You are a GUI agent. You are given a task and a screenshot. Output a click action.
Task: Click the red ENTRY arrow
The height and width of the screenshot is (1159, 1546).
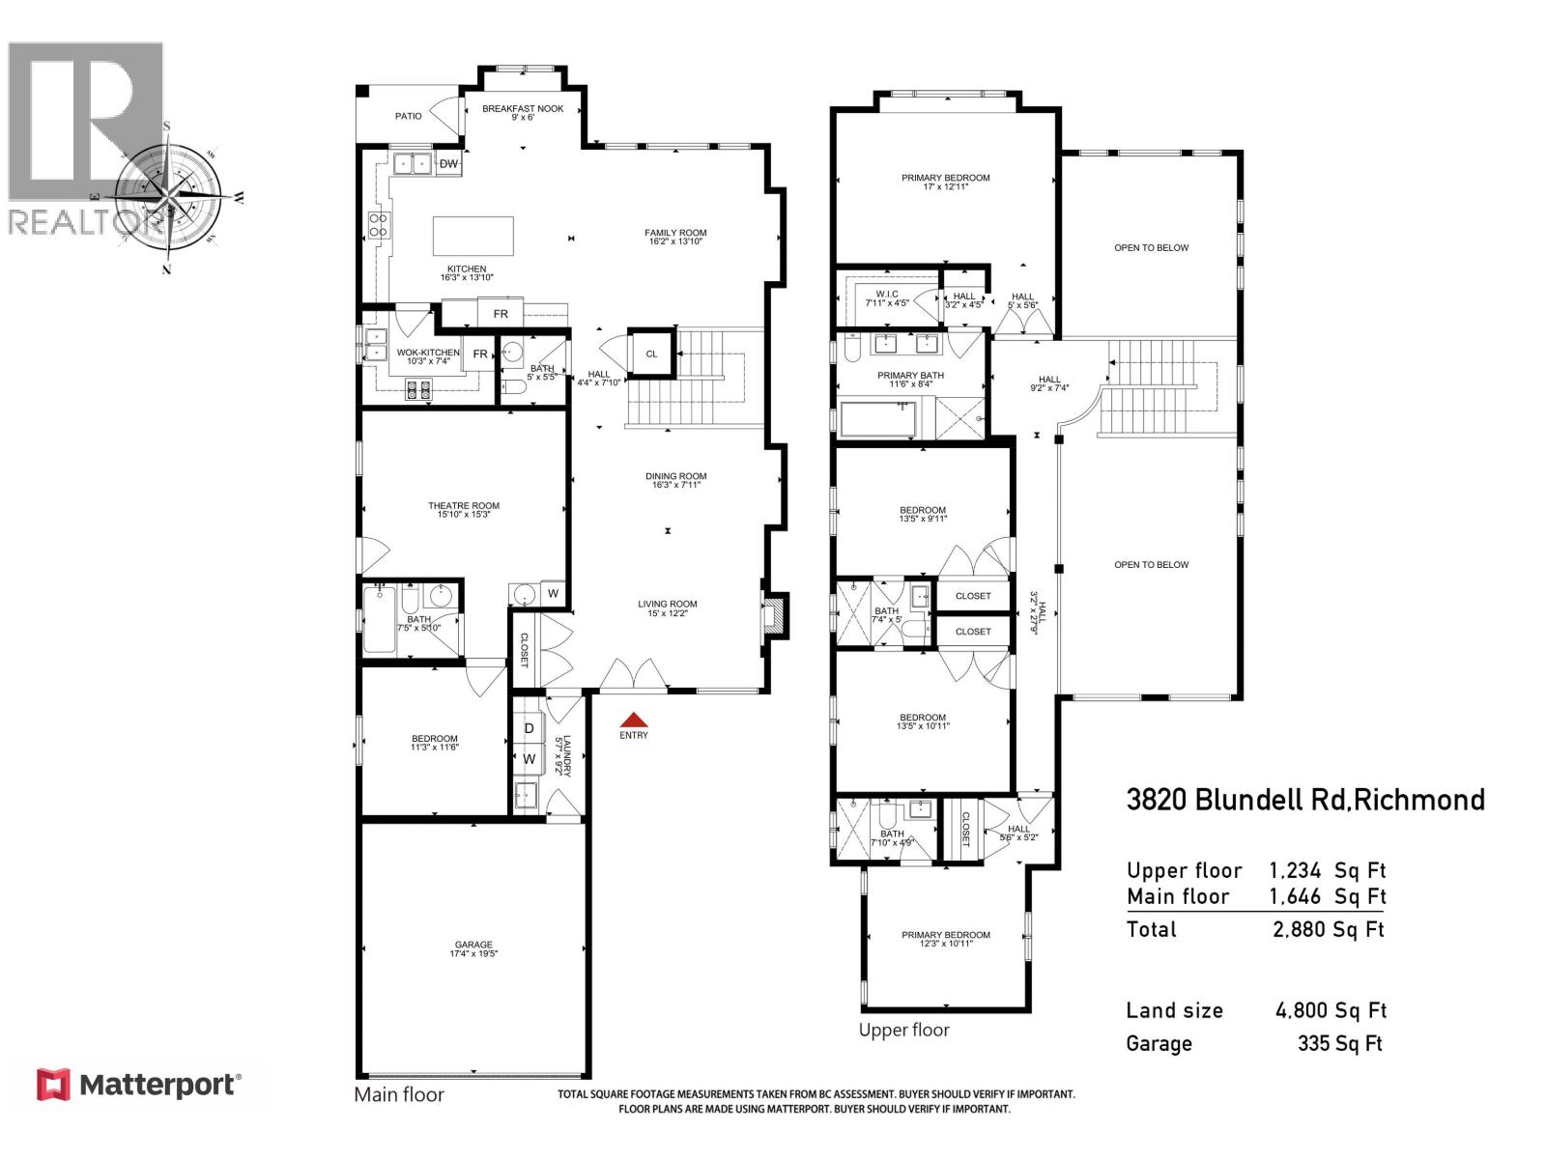coord(633,720)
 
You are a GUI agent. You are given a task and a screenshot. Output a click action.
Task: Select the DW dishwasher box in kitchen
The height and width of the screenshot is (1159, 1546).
coord(448,164)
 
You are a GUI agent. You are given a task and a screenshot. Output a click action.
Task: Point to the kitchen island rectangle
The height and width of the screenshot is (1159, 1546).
coord(472,236)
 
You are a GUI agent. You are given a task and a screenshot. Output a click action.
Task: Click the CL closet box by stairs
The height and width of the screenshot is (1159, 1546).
coord(651,353)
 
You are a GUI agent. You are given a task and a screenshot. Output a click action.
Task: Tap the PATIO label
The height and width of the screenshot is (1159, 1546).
coord(409,116)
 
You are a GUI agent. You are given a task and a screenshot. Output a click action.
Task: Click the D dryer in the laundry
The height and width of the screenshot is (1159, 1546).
coord(529,728)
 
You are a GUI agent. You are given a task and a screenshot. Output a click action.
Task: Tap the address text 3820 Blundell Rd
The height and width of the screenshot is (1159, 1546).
coord(1304,800)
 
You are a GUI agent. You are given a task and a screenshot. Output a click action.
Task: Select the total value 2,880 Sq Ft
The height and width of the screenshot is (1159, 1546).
coord(1329,929)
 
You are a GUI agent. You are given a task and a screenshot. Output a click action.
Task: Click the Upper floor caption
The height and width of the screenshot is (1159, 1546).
coord(903,1030)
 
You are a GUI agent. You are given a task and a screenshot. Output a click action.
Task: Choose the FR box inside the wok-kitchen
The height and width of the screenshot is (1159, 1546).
coord(480,354)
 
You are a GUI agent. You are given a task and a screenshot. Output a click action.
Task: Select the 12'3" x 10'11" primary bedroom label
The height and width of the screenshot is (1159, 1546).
coord(945,939)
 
